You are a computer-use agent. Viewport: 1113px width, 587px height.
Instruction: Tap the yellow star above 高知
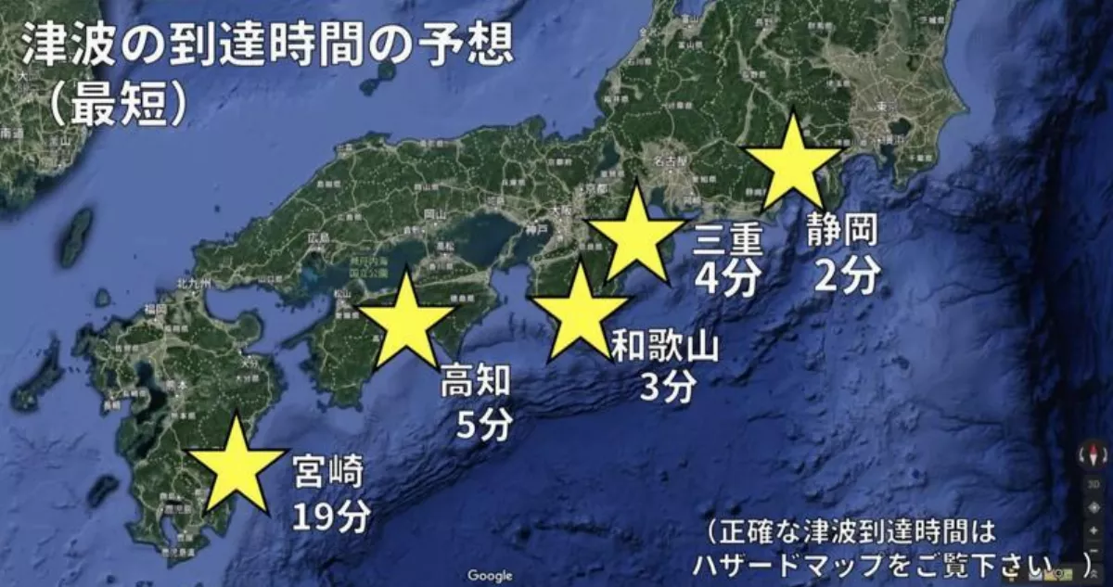[x=406, y=321]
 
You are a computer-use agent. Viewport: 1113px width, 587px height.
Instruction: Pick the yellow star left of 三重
[x=638, y=237]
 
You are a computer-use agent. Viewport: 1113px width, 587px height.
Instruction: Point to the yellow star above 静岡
[x=793, y=166]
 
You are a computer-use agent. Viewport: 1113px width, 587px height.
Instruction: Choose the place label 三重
[x=728, y=241]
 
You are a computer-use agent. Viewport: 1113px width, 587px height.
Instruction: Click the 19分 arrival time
[x=331, y=516]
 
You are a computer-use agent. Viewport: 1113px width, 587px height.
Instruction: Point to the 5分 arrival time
[x=483, y=425]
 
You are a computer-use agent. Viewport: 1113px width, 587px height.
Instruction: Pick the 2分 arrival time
[x=845, y=274]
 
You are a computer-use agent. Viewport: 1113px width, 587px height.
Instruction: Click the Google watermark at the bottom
[x=490, y=575]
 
